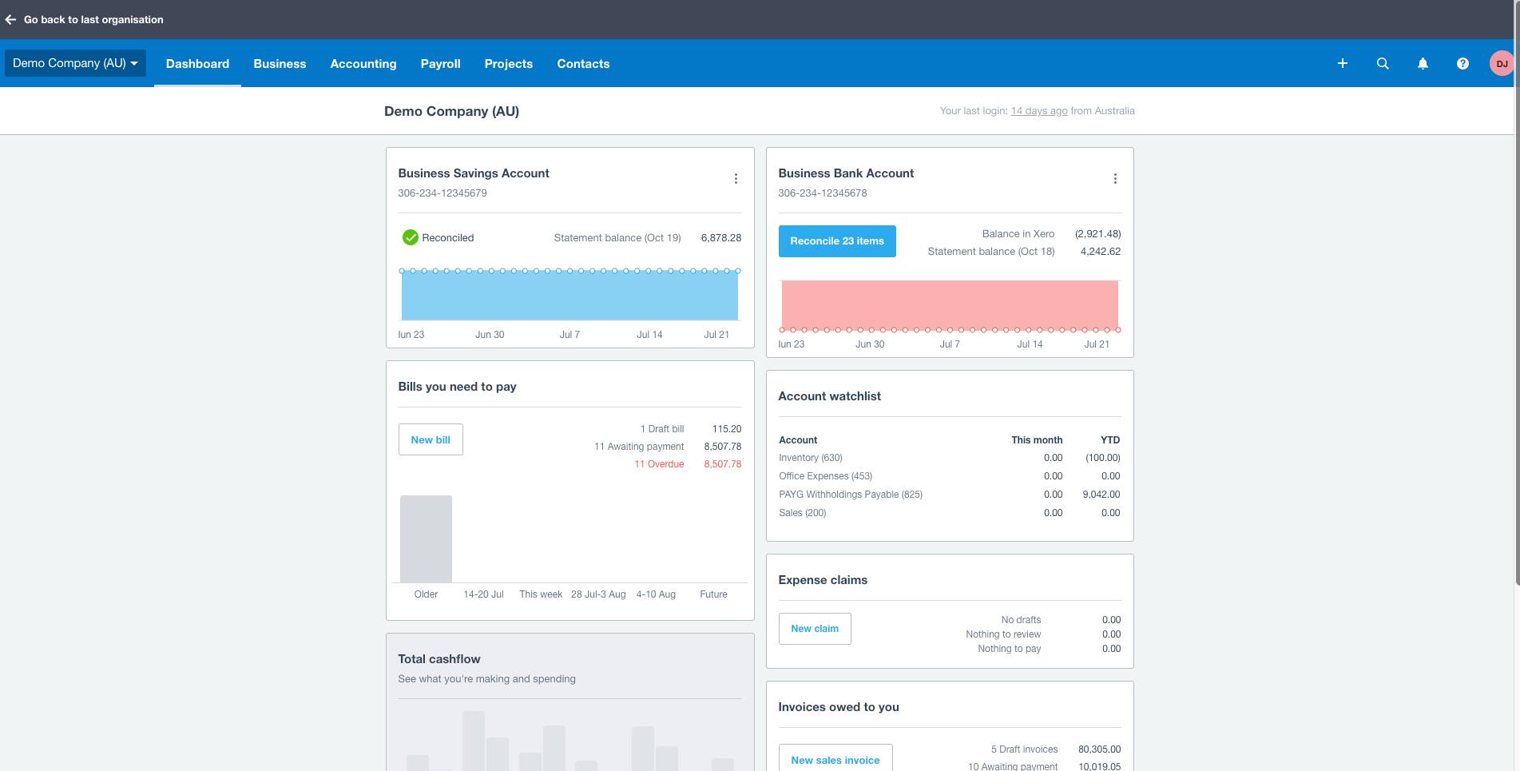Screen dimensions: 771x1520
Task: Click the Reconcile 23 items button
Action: (836, 240)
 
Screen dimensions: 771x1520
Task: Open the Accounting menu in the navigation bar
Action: (363, 64)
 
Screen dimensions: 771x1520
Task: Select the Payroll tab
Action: (440, 64)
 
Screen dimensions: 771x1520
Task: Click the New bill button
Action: (430, 439)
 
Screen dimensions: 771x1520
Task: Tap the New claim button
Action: (814, 629)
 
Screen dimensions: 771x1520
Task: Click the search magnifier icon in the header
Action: (1382, 64)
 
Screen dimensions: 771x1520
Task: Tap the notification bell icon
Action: (1422, 64)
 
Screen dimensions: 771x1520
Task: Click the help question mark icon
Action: (1462, 64)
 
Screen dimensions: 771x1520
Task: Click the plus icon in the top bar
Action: (1342, 64)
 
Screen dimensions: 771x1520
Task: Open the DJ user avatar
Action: (1501, 64)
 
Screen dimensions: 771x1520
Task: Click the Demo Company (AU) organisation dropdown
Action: (75, 63)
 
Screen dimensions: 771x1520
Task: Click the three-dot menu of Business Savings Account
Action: (736, 179)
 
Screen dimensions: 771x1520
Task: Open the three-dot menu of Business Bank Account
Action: (1115, 179)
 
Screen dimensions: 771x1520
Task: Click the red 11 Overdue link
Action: (659, 464)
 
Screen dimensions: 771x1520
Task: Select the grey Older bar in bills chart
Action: (426, 539)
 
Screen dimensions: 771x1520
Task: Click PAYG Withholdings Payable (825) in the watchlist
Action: (850, 495)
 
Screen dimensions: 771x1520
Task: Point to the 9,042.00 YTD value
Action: (1101, 495)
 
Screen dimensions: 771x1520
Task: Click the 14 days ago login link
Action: (1038, 111)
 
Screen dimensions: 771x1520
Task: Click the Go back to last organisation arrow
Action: (10, 19)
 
